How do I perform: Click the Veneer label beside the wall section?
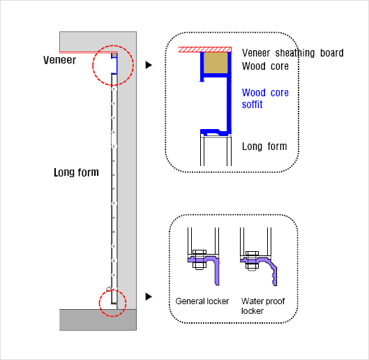59,60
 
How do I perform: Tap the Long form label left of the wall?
76,172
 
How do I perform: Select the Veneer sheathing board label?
293,53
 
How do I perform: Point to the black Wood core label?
265,66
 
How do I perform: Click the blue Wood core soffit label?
265,98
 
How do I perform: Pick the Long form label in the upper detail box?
264,147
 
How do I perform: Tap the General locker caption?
202,301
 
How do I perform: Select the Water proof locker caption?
263,306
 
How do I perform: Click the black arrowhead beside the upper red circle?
149,65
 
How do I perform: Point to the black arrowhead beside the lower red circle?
149,297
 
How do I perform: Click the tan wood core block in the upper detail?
216,63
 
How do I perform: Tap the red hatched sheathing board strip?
205,50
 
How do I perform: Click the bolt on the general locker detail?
199,260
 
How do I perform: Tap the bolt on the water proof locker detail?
252,261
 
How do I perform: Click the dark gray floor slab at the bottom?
98,320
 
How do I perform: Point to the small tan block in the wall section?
114,55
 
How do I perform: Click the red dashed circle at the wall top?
93,65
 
